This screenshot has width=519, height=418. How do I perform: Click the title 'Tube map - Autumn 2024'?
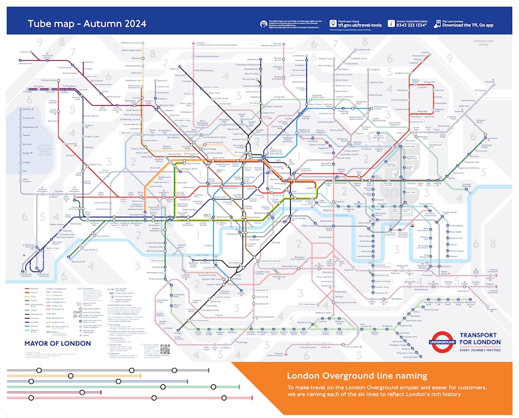tap(86, 24)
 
